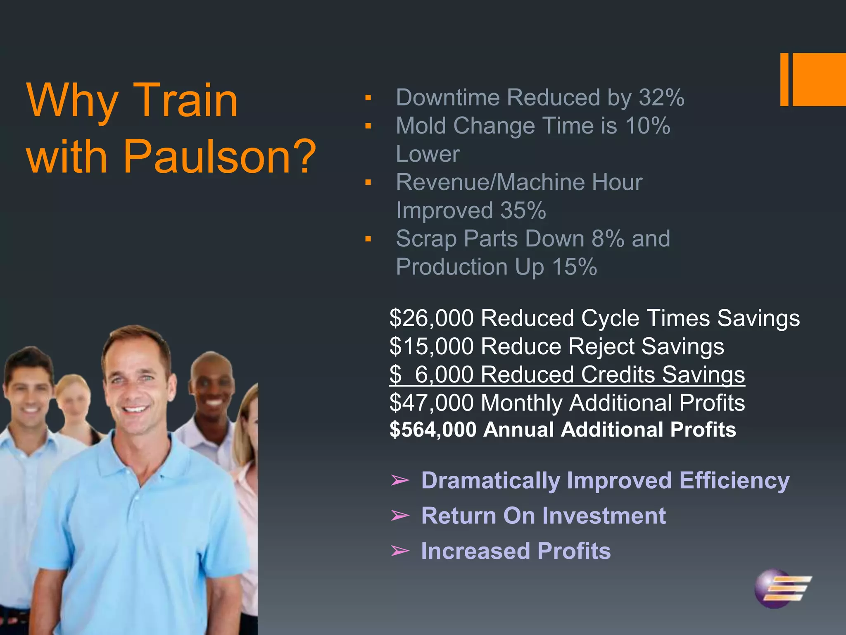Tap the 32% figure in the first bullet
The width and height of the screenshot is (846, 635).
click(x=661, y=98)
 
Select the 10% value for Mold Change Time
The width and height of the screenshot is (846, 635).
click(x=647, y=126)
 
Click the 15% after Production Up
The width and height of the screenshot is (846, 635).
click(x=575, y=267)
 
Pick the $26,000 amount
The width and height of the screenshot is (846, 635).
click(x=431, y=318)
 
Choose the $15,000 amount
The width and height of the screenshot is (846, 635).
click(x=431, y=346)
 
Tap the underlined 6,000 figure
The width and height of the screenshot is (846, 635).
click(x=444, y=375)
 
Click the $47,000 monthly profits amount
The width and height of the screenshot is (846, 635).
click(x=431, y=403)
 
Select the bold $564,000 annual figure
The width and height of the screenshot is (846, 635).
click(x=433, y=430)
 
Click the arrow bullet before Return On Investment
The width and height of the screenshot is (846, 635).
click(x=400, y=516)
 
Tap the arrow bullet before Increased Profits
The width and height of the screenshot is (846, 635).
click(x=400, y=551)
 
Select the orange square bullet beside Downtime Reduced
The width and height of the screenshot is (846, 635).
click(x=368, y=98)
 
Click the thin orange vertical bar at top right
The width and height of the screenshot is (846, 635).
click(x=784, y=79)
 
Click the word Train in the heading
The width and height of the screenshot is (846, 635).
click(x=185, y=100)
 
